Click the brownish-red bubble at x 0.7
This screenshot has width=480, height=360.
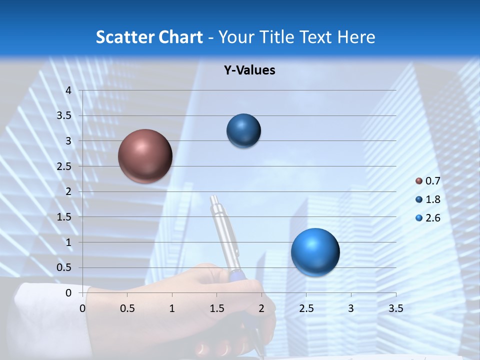pyautogui.click(x=145, y=156)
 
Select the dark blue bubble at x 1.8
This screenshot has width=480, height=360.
pyautogui.click(x=243, y=130)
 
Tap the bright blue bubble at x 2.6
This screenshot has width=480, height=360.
pyautogui.click(x=315, y=252)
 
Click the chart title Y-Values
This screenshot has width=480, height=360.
pyautogui.click(x=249, y=70)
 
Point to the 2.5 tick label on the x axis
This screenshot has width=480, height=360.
pyautogui.click(x=306, y=308)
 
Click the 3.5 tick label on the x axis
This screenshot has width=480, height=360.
pyautogui.click(x=395, y=308)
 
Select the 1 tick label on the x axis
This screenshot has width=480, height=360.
pyautogui.click(x=172, y=308)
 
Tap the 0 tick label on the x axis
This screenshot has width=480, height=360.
pyautogui.click(x=82, y=308)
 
